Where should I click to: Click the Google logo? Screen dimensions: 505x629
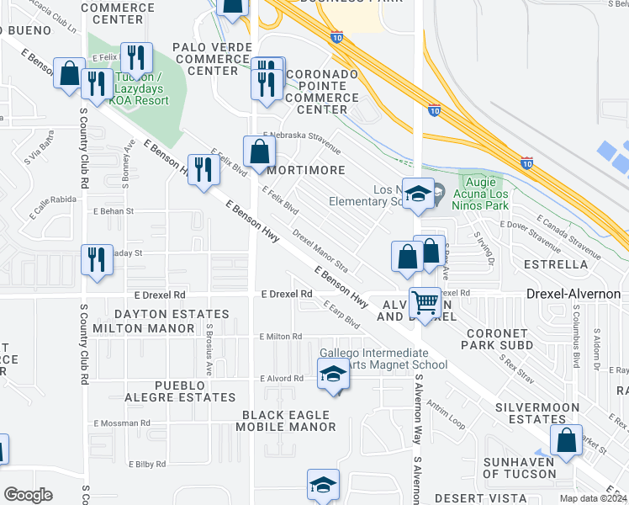click(28, 495)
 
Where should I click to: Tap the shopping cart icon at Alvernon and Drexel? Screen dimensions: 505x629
click(425, 301)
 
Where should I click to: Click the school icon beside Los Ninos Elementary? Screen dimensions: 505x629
click(417, 194)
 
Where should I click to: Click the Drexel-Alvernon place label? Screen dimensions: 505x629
click(573, 294)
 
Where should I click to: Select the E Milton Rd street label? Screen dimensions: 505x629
click(281, 337)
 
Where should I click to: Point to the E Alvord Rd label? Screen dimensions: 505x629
click(282, 379)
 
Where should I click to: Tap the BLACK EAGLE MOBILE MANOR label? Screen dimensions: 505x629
click(288, 421)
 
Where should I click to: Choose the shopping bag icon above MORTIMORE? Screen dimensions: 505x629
click(259, 151)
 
